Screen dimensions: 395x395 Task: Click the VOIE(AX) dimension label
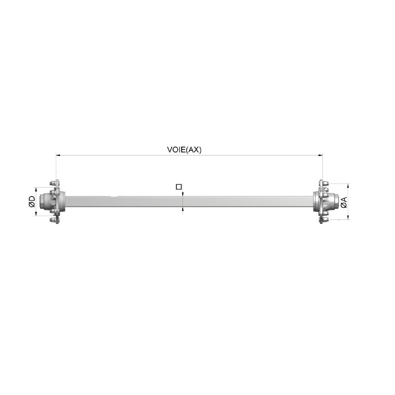click(184, 150)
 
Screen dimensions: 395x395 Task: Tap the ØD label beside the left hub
click(32, 201)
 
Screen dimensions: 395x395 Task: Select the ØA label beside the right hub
click(344, 202)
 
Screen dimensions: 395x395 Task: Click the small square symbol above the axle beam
click(179, 187)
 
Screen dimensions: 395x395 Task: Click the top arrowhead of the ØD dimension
click(36, 190)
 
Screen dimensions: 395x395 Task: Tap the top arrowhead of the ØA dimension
click(349, 186)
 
